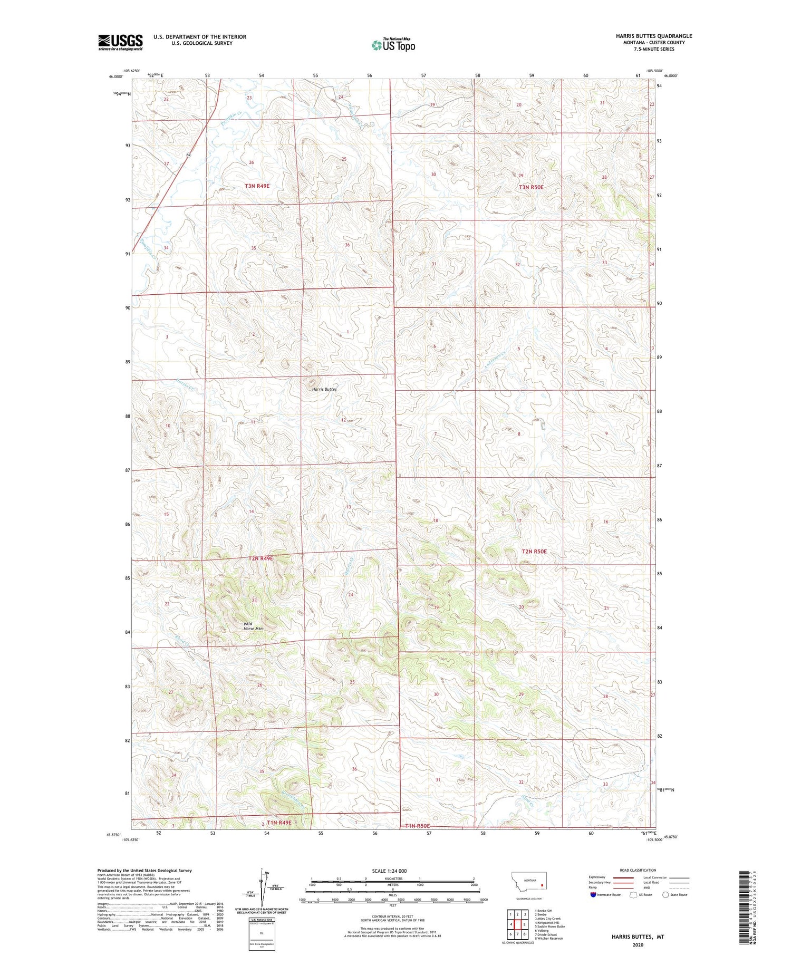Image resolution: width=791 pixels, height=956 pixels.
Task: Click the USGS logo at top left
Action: coord(120,42)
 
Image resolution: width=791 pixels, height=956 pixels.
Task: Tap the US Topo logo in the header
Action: coord(393,45)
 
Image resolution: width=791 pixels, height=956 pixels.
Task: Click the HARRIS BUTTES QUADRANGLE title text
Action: coord(654,36)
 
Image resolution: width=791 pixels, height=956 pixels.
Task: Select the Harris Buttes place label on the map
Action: coord(324,389)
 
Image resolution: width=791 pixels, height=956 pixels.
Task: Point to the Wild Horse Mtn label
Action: coord(253,626)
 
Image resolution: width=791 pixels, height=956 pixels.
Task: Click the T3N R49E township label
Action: coord(257,186)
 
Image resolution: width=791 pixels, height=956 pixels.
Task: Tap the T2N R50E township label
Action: coord(534,552)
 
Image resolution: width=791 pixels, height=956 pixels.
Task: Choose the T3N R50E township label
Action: coord(530,187)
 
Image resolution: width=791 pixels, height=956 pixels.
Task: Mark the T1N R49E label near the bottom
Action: coord(279,823)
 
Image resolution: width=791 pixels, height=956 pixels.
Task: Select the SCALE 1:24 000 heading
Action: coord(389,871)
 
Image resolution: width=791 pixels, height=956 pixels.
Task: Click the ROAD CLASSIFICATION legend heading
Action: coord(638,870)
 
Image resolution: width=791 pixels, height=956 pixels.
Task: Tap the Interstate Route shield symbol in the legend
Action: coord(593,895)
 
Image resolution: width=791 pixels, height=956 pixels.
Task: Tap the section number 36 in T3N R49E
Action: coord(347,245)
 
